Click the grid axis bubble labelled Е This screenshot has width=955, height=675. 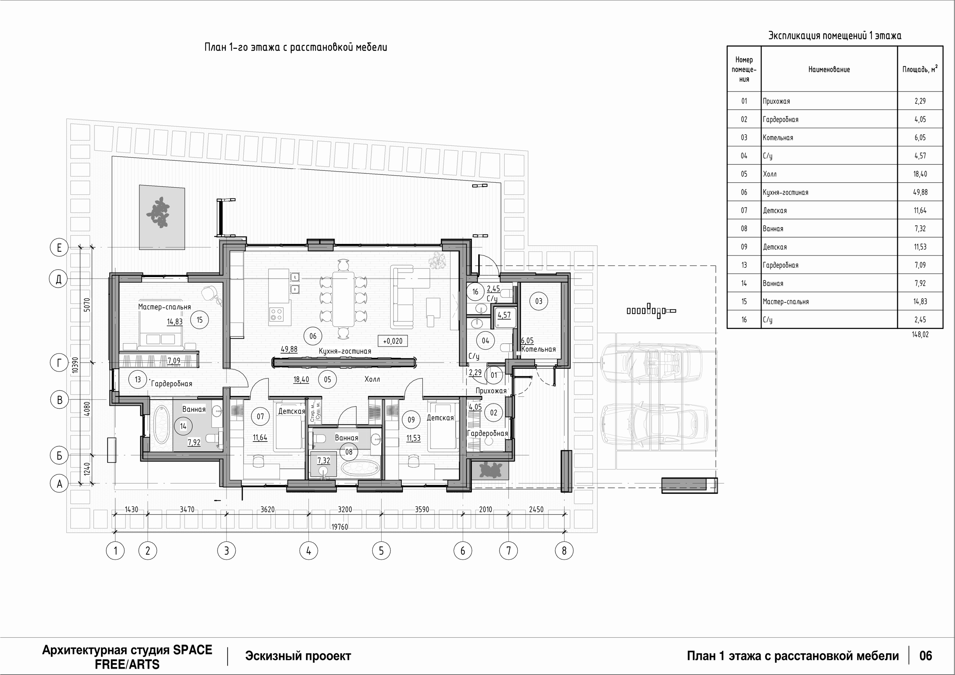point(59,248)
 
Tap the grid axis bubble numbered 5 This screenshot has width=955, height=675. point(381,551)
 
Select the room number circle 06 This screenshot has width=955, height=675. point(313,336)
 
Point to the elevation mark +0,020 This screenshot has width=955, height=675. point(393,341)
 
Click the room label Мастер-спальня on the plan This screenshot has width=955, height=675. point(164,307)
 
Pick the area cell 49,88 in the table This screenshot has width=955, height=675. point(920,192)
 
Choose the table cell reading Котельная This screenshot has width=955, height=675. point(778,138)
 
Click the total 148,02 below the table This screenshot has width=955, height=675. point(920,335)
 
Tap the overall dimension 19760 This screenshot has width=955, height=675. point(340,527)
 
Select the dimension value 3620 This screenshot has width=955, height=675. point(267,509)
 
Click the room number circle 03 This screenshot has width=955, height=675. point(539,301)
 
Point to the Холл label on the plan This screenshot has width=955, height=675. point(372,379)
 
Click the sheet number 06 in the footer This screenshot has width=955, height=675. point(926,656)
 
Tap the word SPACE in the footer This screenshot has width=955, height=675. point(192,650)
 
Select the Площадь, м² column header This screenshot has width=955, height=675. point(920,69)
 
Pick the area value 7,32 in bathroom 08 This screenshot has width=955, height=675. point(323,461)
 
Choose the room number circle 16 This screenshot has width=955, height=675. point(475,292)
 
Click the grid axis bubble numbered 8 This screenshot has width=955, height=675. point(564,551)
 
